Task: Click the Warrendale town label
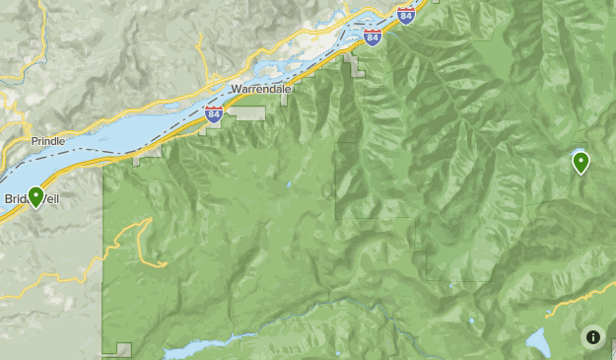tap(260, 88)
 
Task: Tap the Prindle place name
tap(47, 141)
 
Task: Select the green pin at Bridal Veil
tap(36, 197)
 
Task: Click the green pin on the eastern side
tap(581, 162)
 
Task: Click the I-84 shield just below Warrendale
tap(214, 114)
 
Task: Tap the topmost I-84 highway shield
tap(406, 14)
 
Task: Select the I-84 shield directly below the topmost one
tap(372, 37)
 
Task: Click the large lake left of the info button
tap(537, 341)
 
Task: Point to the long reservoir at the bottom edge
tap(197, 349)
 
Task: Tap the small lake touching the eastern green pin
tap(575, 155)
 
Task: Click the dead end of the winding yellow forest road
tap(163, 263)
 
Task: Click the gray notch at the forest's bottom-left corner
tap(122, 348)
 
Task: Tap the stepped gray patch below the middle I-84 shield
tap(353, 65)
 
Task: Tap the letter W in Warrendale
tap(235, 88)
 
